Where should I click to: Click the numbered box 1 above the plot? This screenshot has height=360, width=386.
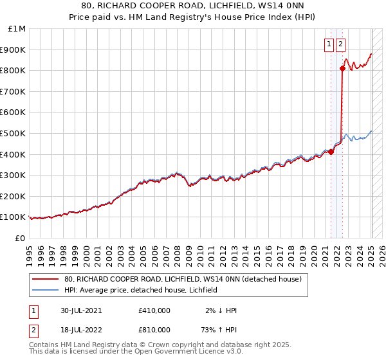(329, 44)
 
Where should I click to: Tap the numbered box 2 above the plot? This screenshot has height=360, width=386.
(340, 44)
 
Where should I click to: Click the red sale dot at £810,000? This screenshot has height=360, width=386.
(342, 69)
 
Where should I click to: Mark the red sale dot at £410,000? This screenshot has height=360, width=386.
(331, 152)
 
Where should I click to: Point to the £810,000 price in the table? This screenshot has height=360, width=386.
(154, 330)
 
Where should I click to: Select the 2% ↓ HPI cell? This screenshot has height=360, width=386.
(222, 310)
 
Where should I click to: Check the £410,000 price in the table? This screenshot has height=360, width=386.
(154, 310)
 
